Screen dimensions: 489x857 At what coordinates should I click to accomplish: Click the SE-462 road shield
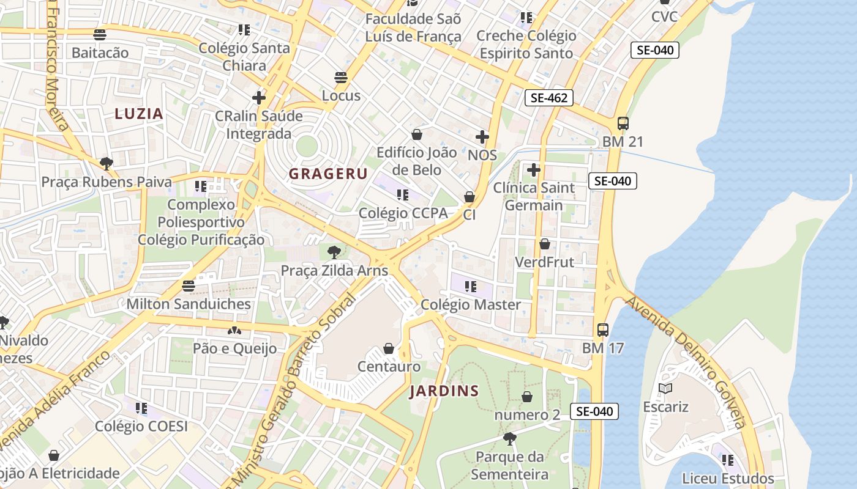(548, 97)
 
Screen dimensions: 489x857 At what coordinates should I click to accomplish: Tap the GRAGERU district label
(328, 174)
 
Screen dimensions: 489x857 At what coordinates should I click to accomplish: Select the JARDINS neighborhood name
(444, 391)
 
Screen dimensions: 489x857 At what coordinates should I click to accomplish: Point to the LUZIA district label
(139, 114)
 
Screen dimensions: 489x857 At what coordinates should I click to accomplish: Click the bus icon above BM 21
(623, 123)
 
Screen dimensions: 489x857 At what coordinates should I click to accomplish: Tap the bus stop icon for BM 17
(602, 330)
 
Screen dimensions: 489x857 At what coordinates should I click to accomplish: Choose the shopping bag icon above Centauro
(388, 349)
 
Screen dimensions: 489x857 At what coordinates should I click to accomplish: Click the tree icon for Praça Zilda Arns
(334, 252)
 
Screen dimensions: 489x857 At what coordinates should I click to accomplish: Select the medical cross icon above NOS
(482, 137)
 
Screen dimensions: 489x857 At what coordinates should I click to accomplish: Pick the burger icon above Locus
(341, 78)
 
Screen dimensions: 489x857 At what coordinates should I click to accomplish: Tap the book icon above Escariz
(665, 388)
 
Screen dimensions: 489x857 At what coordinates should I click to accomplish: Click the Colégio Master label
(471, 304)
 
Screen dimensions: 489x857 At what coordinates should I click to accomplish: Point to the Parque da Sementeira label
(509, 466)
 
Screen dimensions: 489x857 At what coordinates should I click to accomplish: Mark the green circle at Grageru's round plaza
(306, 146)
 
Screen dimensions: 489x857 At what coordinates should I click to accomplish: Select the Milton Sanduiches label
(189, 304)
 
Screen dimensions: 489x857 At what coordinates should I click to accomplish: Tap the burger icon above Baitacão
(100, 35)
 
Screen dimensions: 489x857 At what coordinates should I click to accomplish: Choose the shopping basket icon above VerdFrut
(544, 244)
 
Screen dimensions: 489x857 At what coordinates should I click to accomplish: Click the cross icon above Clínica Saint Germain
(534, 169)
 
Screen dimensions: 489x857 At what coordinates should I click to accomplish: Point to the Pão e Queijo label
(234, 348)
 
